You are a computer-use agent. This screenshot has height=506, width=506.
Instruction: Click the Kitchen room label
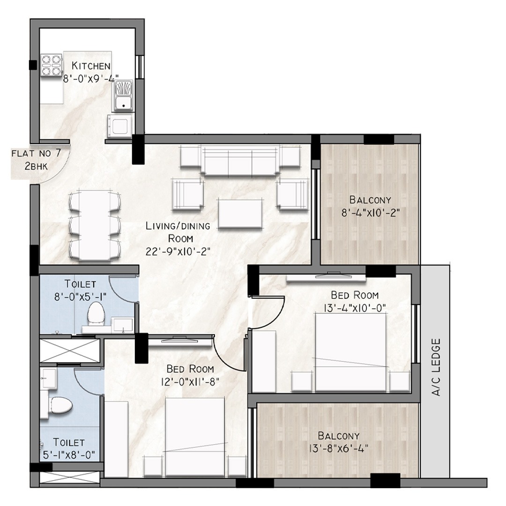(91, 66)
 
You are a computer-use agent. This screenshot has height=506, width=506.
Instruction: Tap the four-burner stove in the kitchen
(52, 65)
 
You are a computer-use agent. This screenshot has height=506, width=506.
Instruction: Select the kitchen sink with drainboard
(123, 95)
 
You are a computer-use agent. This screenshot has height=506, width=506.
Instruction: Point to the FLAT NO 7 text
(36, 153)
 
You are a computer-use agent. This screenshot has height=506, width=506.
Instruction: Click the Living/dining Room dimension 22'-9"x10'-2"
(178, 252)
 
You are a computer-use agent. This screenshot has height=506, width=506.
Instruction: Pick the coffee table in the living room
(241, 213)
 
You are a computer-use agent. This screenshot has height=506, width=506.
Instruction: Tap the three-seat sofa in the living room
(240, 160)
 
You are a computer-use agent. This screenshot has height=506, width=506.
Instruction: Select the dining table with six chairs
(95, 225)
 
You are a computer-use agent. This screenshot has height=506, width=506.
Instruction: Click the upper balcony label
(370, 200)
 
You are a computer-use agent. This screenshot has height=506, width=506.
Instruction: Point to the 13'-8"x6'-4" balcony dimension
(339, 448)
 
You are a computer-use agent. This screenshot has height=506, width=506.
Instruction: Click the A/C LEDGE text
(436, 367)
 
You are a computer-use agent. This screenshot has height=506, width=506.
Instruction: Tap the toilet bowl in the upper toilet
(97, 313)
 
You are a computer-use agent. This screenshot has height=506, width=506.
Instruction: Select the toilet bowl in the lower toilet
(60, 405)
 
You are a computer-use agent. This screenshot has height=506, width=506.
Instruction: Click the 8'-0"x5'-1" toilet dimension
(81, 297)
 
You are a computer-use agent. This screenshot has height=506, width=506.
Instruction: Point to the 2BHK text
(36, 166)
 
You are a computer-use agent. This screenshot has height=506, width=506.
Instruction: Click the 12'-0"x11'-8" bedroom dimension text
(190, 382)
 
